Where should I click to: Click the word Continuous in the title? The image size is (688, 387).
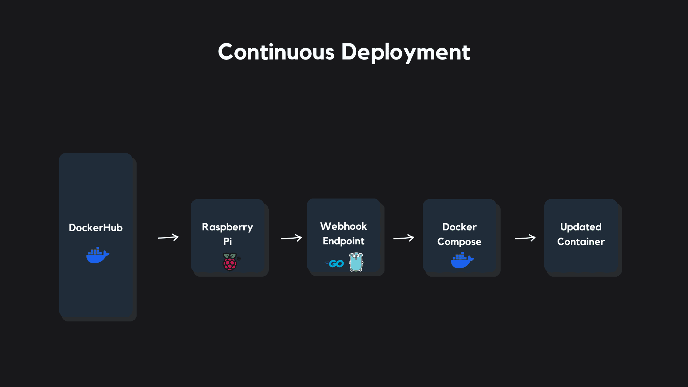[276, 52]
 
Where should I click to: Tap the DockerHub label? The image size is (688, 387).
[96, 228]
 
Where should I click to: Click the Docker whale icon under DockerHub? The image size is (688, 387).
[97, 255]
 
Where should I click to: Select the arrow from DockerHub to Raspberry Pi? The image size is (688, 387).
[168, 237]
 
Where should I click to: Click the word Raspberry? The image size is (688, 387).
[228, 227]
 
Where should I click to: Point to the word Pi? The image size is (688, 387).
[228, 242]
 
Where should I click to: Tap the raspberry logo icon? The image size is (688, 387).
[230, 262]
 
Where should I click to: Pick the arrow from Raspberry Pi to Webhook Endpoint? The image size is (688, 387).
[291, 238]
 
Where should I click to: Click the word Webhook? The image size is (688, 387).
[343, 226]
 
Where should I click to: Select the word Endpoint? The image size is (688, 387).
[343, 241]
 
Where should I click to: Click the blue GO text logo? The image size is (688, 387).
[334, 264]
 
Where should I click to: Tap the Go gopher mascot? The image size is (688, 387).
[356, 262]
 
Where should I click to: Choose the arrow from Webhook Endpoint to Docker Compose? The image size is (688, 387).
[404, 238]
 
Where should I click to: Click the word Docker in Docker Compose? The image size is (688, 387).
[459, 227]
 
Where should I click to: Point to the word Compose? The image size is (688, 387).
[459, 242]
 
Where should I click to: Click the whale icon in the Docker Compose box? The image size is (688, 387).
[462, 260]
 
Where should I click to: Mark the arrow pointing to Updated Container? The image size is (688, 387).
[525, 238]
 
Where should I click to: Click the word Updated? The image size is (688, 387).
[581, 227]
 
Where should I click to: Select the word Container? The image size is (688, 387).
[581, 242]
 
